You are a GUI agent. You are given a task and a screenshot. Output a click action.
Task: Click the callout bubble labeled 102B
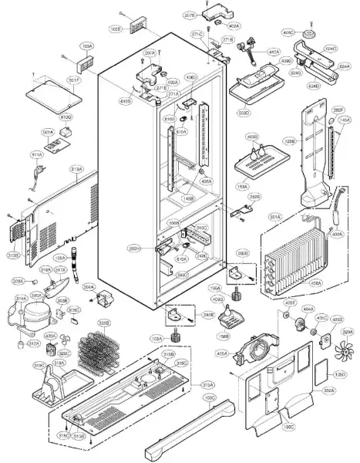115,29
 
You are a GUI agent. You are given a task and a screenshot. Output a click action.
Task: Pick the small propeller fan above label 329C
66,346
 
